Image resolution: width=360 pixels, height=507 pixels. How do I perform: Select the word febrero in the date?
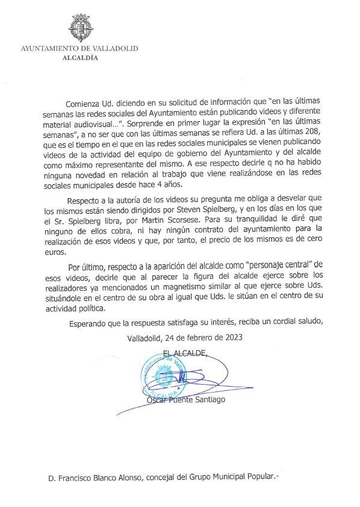tap(185, 337)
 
